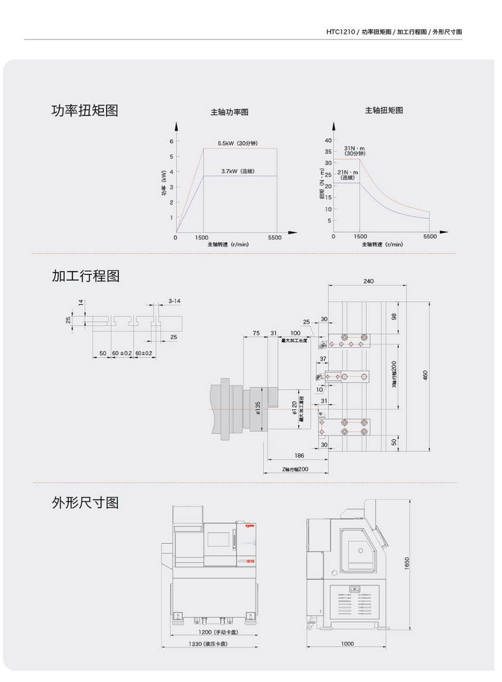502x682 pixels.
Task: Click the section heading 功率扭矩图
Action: [x=85, y=110]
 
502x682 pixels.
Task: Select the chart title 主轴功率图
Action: [x=229, y=112]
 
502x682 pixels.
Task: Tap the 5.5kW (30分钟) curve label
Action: [x=237, y=143]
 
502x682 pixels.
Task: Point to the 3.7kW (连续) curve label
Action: [x=238, y=171]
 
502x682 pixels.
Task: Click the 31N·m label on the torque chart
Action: [x=354, y=149]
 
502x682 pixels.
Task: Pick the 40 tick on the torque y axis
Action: [x=328, y=140]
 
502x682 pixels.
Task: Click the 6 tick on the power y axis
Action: [x=171, y=141]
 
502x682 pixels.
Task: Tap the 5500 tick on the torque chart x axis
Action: [x=430, y=236]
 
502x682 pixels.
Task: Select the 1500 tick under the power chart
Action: [x=202, y=238]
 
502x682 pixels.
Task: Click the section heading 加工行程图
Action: [x=85, y=276]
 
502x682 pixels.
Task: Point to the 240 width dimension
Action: [x=368, y=281]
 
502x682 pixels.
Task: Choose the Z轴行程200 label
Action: [x=295, y=469]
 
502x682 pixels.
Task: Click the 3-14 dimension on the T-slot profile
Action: [x=174, y=301]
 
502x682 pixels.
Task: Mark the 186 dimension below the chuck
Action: [x=299, y=456]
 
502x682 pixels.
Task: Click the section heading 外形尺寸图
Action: [x=85, y=502]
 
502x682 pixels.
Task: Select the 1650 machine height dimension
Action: [x=407, y=563]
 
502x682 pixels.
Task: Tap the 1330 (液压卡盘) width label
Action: [x=208, y=644]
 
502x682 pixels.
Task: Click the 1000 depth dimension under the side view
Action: [x=347, y=643]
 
